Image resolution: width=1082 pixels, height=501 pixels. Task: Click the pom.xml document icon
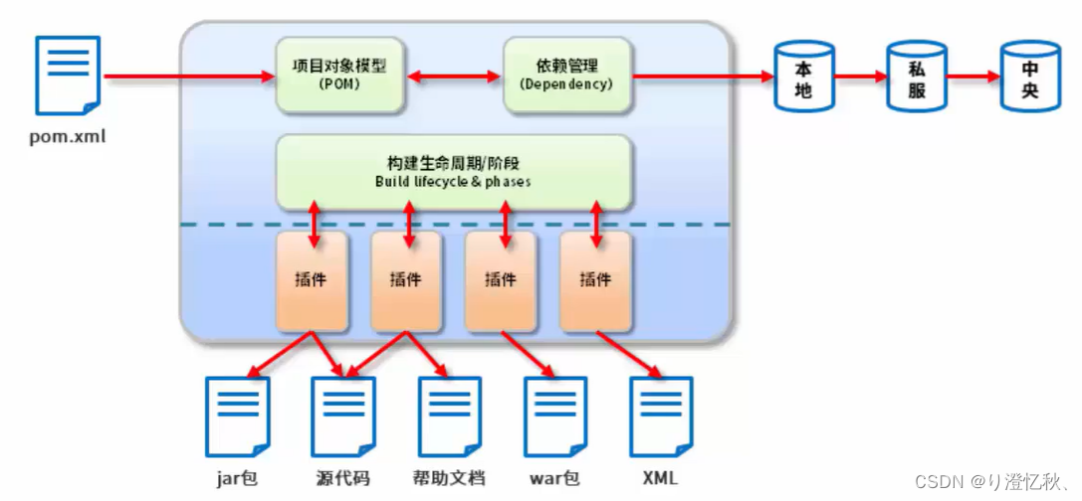[68, 76]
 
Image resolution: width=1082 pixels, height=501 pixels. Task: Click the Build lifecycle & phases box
[453, 172]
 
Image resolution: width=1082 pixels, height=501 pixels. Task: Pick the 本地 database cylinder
[804, 77]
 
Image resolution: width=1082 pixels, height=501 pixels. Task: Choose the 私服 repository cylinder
[916, 77]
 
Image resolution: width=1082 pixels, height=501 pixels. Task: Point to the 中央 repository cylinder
[1029, 77]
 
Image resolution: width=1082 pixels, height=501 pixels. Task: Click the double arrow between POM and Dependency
[453, 77]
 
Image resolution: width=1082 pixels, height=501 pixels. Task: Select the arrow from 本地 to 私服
[860, 77]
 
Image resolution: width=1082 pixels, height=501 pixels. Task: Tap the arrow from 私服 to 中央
[973, 77]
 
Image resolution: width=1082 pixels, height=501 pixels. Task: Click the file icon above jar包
[237, 416]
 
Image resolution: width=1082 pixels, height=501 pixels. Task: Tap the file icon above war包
[555, 416]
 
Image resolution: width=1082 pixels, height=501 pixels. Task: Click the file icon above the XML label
[661, 416]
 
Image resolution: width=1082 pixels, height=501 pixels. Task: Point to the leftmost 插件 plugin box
[312, 280]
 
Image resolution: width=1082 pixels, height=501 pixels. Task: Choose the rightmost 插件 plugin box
[595, 280]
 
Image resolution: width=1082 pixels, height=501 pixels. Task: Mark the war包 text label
[554, 478]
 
